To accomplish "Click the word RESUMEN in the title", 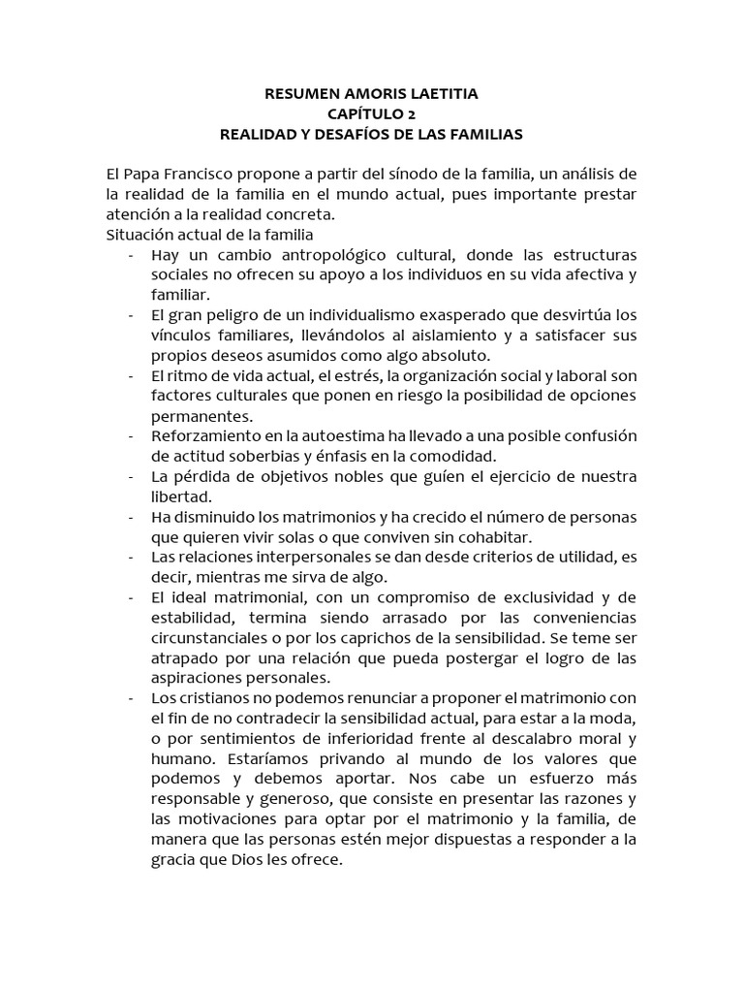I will tap(300, 94).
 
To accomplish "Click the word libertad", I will tap(179, 497).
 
